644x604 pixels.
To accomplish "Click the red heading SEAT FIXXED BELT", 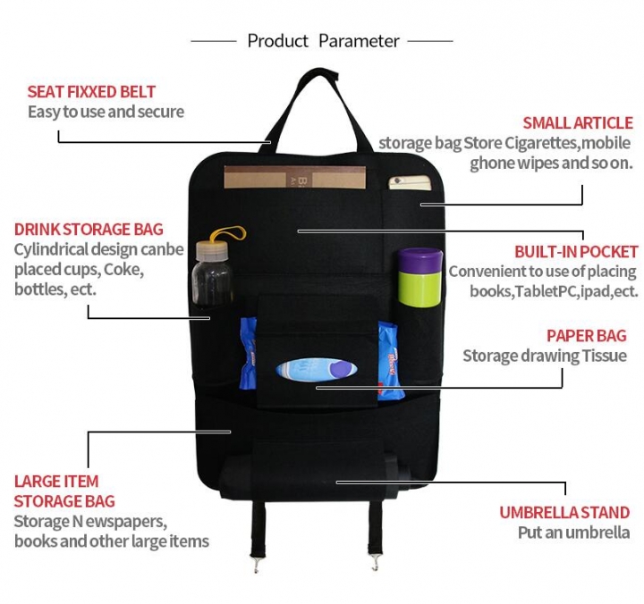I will coord(91,92).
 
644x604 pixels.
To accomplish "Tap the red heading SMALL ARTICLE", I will coord(578,123).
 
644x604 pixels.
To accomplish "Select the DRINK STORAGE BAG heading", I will coord(89,230).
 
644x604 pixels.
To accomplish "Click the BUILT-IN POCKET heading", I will coord(576,252).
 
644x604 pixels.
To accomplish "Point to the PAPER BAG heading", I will coord(587,336).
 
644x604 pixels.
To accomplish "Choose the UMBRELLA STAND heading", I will coord(564,513).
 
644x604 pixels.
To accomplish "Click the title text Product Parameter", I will coord(323,41).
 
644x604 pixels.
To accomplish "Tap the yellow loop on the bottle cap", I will coord(227,232).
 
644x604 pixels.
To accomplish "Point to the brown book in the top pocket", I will coord(294,177).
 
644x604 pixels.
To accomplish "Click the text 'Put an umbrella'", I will coord(573,533).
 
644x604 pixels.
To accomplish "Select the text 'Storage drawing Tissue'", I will coord(544,357).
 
